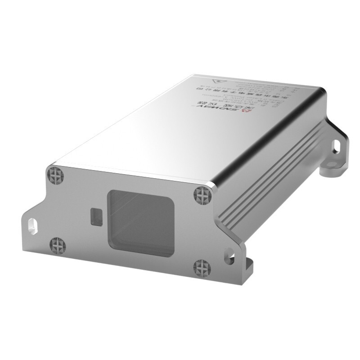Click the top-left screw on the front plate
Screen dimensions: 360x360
point(55,173)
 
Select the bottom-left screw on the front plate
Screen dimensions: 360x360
point(58,245)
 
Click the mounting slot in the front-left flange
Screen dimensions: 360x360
point(33,224)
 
